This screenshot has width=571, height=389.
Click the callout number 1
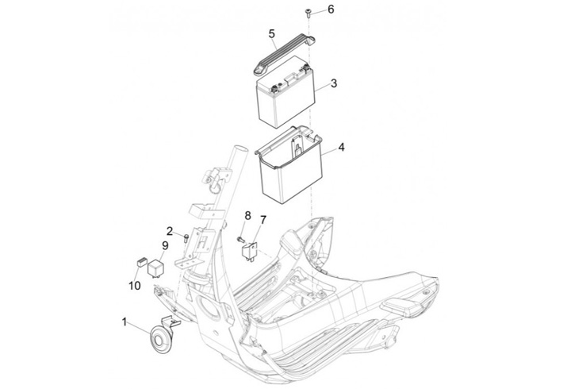(x=125, y=322)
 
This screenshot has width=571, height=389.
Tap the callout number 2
(x=170, y=231)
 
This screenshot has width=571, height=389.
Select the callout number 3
(x=334, y=83)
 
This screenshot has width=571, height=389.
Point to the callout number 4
(x=341, y=148)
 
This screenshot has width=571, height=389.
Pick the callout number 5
(x=272, y=34)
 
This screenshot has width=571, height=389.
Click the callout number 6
(x=331, y=9)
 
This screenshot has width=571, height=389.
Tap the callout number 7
(x=263, y=220)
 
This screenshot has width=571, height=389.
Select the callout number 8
(x=247, y=215)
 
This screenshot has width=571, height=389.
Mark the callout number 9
(x=165, y=246)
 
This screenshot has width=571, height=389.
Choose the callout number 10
(x=134, y=285)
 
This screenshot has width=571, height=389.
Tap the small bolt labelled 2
(x=186, y=238)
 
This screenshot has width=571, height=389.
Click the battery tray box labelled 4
(x=290, y=164)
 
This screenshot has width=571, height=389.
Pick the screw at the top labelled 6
(x=307, y=13)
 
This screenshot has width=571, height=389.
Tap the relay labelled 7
(x=249, y=251)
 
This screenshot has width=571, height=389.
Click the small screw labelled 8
(x=240, y=240)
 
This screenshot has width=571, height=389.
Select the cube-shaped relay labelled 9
(x=155, y=268)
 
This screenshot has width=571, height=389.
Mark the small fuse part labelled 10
(x=141, y=260)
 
